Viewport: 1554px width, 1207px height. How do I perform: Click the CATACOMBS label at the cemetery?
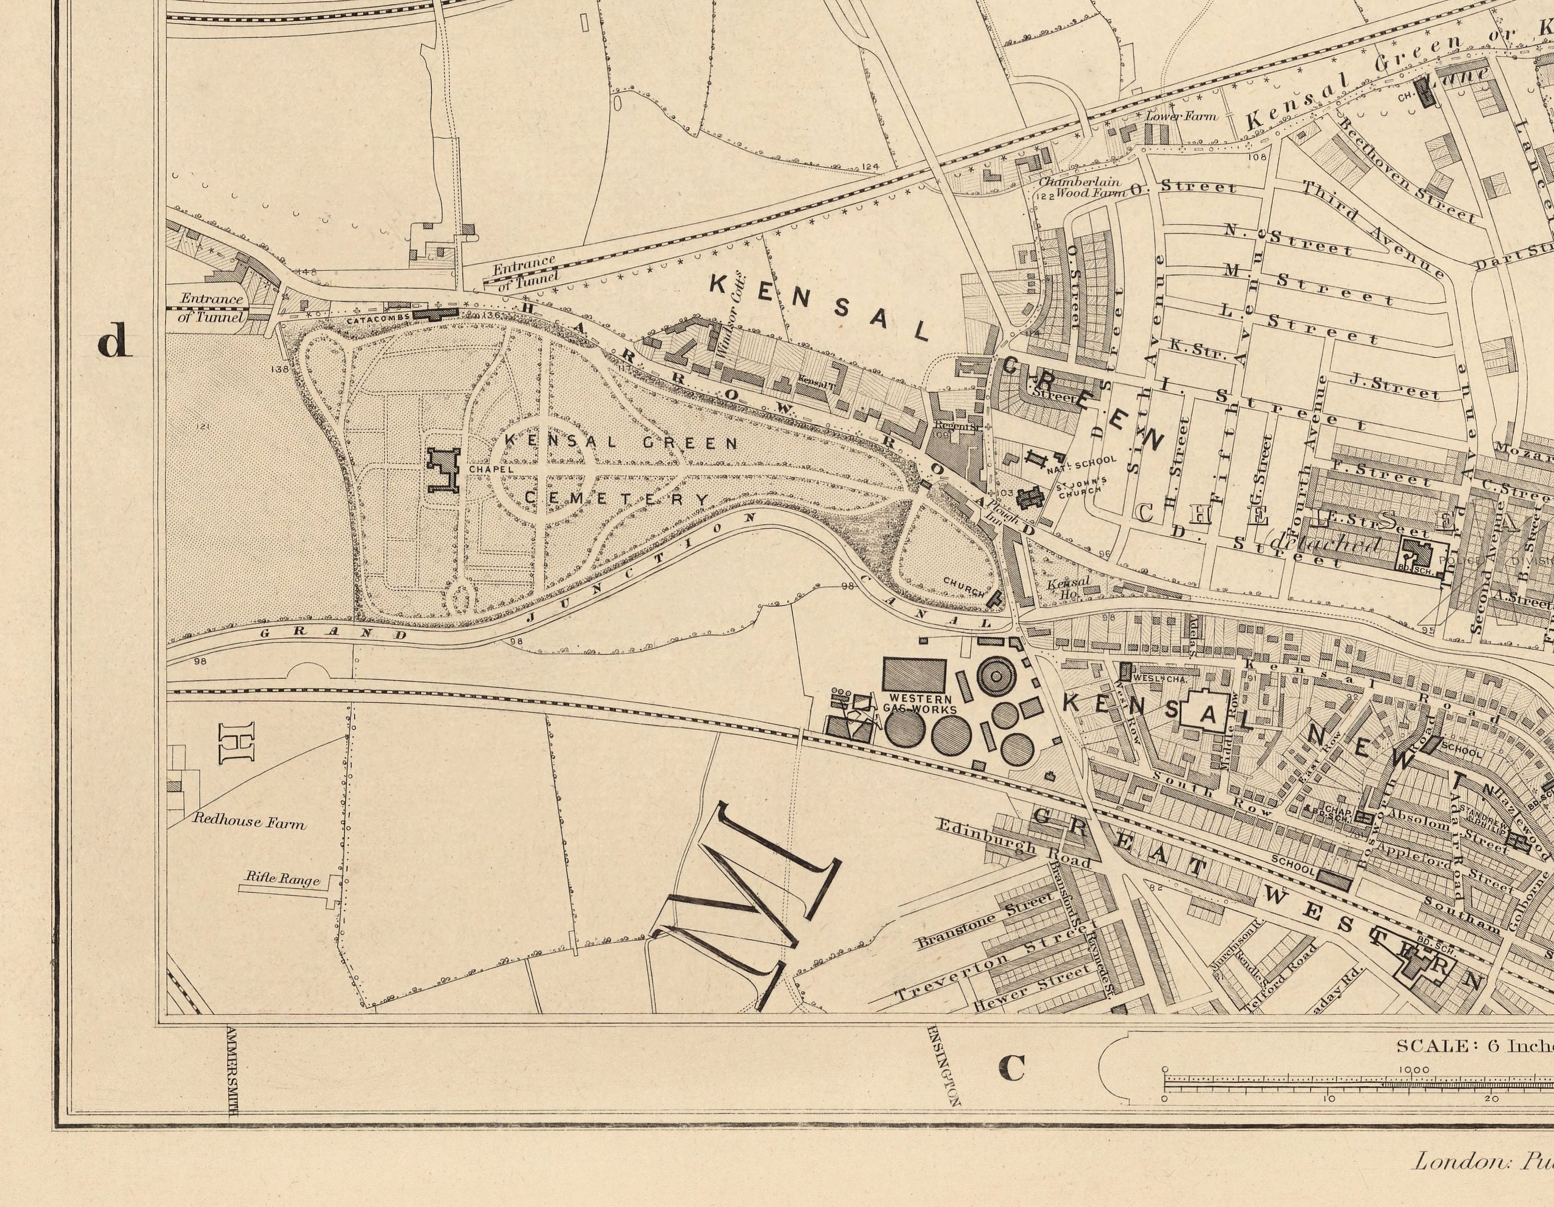pos(378,320)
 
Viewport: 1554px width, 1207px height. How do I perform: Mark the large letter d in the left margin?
pos(114,341)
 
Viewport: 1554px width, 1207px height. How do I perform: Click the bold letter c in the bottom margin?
pos(1012,1068)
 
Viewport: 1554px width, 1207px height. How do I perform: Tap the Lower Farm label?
pos(1181,116)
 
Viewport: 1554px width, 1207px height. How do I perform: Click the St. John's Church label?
pos(1081,487)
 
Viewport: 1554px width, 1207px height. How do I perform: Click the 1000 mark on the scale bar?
pos(1413,1070)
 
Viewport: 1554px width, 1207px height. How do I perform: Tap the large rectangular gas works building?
pos(914,674)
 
